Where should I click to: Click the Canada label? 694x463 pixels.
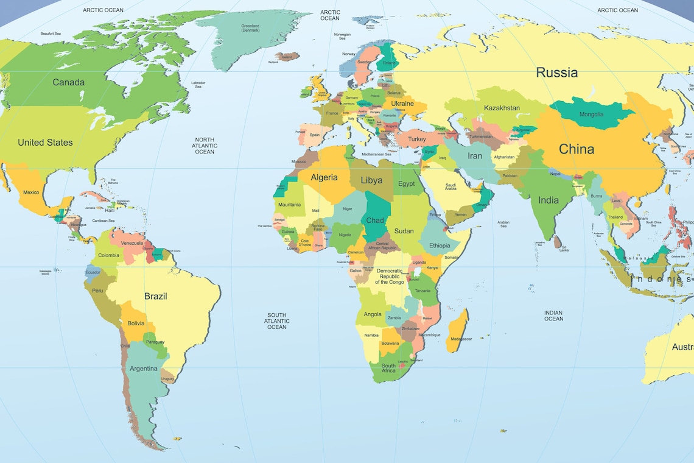pos(68,82)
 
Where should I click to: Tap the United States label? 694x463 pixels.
pos(45,143)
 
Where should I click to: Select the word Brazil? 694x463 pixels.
pos(155,297)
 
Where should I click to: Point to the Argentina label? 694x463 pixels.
pos(143,369)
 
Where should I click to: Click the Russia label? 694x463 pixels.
pos(556,72)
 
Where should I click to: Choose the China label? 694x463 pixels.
pos(576,149)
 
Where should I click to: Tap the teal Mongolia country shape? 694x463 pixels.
pos(591,114)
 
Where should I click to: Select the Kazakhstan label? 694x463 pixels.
pos(502,108)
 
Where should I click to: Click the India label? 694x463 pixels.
pos(548,200)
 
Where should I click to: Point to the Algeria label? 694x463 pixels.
pos(324,178)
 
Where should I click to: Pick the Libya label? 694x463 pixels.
pos(371,180)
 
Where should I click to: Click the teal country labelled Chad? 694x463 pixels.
pos(374,220)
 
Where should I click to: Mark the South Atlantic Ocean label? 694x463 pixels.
pos(276,321)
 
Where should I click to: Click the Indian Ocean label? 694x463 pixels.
pos(553,316)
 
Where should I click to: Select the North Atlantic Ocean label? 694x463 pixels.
pos(205,146)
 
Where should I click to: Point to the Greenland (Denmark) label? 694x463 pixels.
pos(250,28)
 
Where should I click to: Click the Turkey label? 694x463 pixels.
pos(417,140)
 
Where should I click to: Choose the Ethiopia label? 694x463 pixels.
pos(440,246)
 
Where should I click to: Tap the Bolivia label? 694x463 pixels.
pos(136,323)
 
